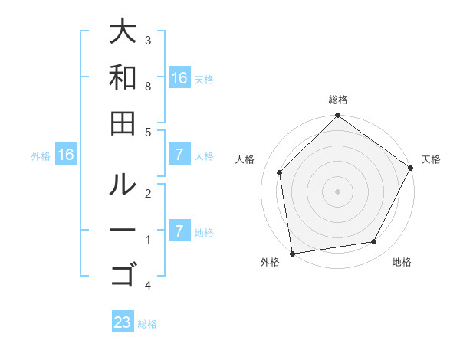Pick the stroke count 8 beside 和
point(148,87)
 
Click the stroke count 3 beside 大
point(148,40)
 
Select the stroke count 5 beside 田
point(148,132)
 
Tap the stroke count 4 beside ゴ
point(148,286)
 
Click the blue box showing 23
point(123,322)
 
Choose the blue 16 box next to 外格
point(66,155)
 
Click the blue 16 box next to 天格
point(179,78)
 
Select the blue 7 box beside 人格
point(179,155)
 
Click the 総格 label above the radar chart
point(338,100)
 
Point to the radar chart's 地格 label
point(402,262)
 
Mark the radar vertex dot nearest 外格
point(292,254)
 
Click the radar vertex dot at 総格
point(337,116)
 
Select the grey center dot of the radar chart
point(337,191)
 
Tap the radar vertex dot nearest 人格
point(280,172)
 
